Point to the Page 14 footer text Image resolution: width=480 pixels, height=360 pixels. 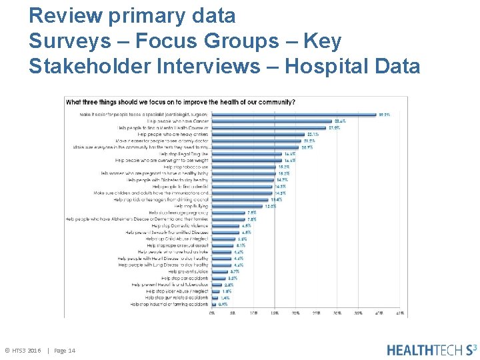pos(65,351)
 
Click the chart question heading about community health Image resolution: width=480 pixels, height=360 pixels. pos(180,102)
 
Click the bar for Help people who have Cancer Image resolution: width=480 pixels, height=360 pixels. pos(273,121)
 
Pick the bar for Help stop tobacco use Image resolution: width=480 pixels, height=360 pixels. pos(245,167)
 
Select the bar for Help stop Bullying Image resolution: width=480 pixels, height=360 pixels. pos(237,206)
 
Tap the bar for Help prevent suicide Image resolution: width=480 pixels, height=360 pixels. pos(220,271)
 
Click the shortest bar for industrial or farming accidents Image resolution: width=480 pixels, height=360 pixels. pos(214,304)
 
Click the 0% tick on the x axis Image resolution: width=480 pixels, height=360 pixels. pos(212,312)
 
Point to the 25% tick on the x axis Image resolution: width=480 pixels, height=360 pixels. pos(317,312)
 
